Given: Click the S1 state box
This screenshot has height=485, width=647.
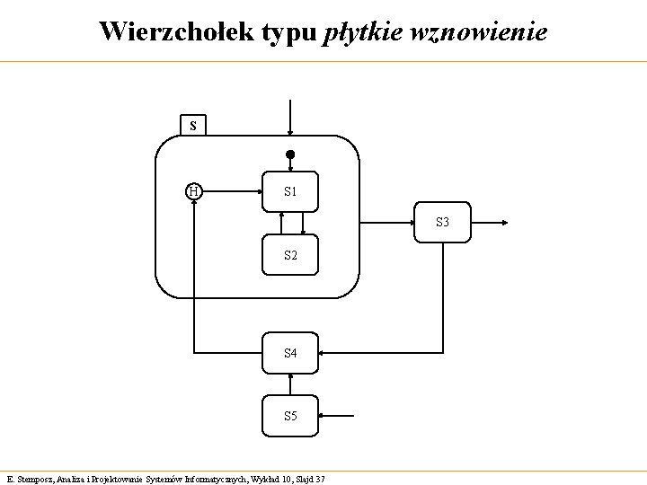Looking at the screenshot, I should (x=290, y=191).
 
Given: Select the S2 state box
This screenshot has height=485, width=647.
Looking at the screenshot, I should (x=290, y=255).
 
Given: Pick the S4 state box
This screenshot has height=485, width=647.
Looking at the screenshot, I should (x=290, y=353).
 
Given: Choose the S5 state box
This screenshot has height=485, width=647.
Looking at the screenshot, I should (x=290, y=416).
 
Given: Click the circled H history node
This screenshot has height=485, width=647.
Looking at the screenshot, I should (x=193, y=190).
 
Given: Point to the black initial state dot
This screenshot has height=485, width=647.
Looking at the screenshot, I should (x=290, y=154).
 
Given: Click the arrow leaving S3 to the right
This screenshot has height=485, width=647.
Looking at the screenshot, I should (x=491, y=222).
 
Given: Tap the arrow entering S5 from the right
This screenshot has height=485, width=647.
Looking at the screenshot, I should (x=337, y=417).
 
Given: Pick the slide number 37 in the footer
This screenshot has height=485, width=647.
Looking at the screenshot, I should (x=320, y=479).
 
